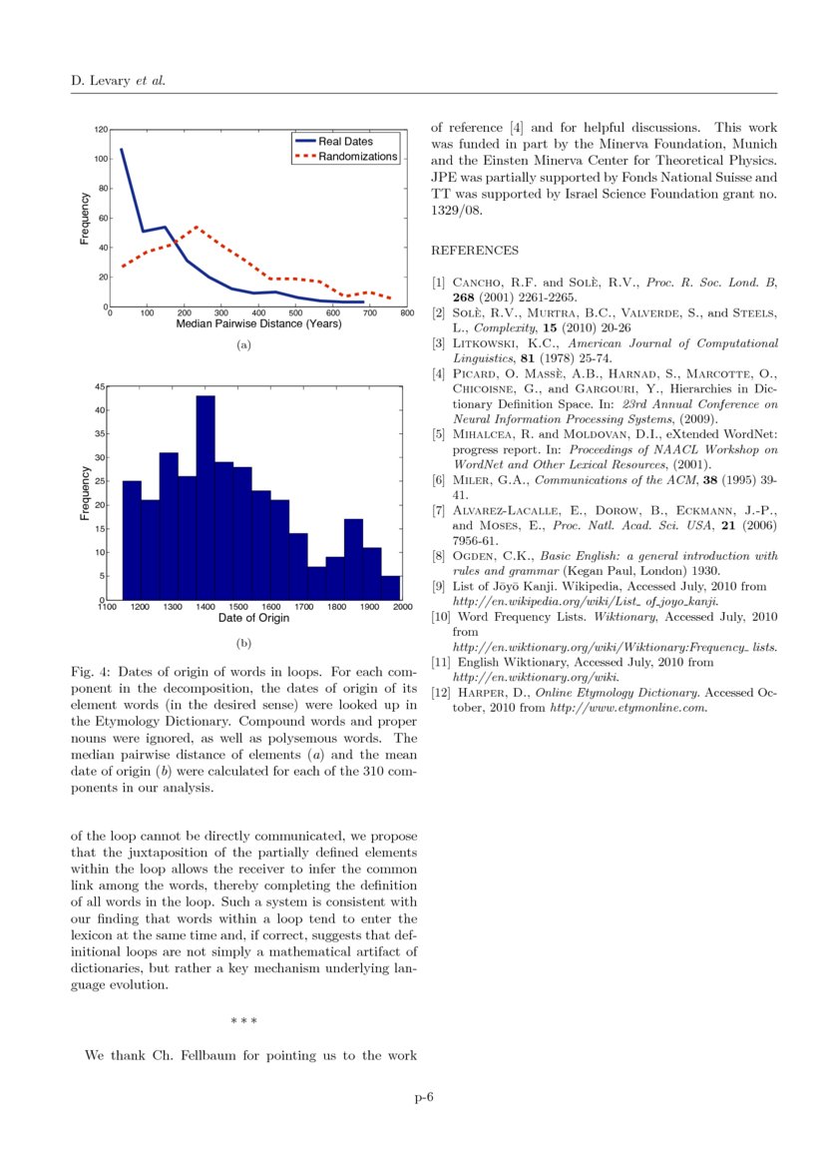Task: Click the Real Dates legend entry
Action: pyautogui.click(x=344, y=143)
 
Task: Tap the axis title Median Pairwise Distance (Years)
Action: pyautogui.click(x=257, y=324)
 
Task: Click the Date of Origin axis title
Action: pyautogui.click(x=254, y=619)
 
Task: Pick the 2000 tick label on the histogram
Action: pyautogui.click(x=402, y=607)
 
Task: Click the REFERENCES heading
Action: pyautogui.click(x=474, y=250)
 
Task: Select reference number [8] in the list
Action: pyautogui.click(x=438, y=556)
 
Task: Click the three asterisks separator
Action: pyautogui.click(x=243, y=1021)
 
